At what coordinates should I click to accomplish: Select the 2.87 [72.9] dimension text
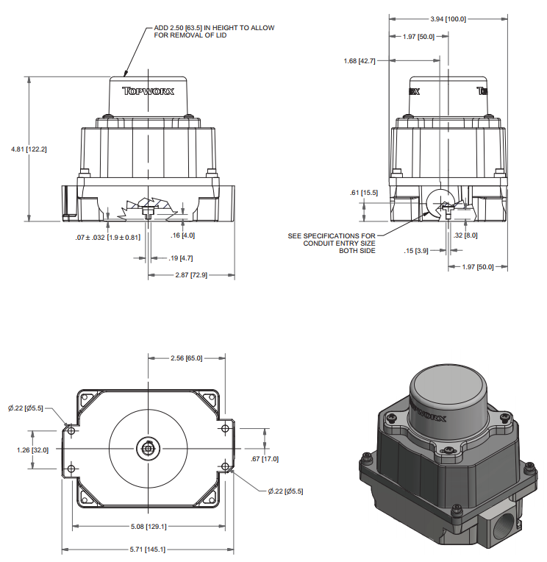[x=190, y=274]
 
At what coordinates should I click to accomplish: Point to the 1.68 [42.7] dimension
[x=360, y=60]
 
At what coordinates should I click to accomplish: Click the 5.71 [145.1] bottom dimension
[x=148, y=549]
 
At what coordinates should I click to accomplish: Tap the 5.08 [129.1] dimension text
[x=148, y=526]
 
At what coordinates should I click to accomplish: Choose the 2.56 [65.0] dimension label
[x=185, y=358]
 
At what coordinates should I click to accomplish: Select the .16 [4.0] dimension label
[x=182, y=235]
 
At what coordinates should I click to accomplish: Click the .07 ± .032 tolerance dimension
[x=107, y=238]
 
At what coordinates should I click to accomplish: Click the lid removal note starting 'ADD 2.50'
[x=214, y=32]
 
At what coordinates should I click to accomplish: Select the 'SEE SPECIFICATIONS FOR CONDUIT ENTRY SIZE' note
[x=332, y=243]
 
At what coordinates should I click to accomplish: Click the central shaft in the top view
[x=149, y=447]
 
